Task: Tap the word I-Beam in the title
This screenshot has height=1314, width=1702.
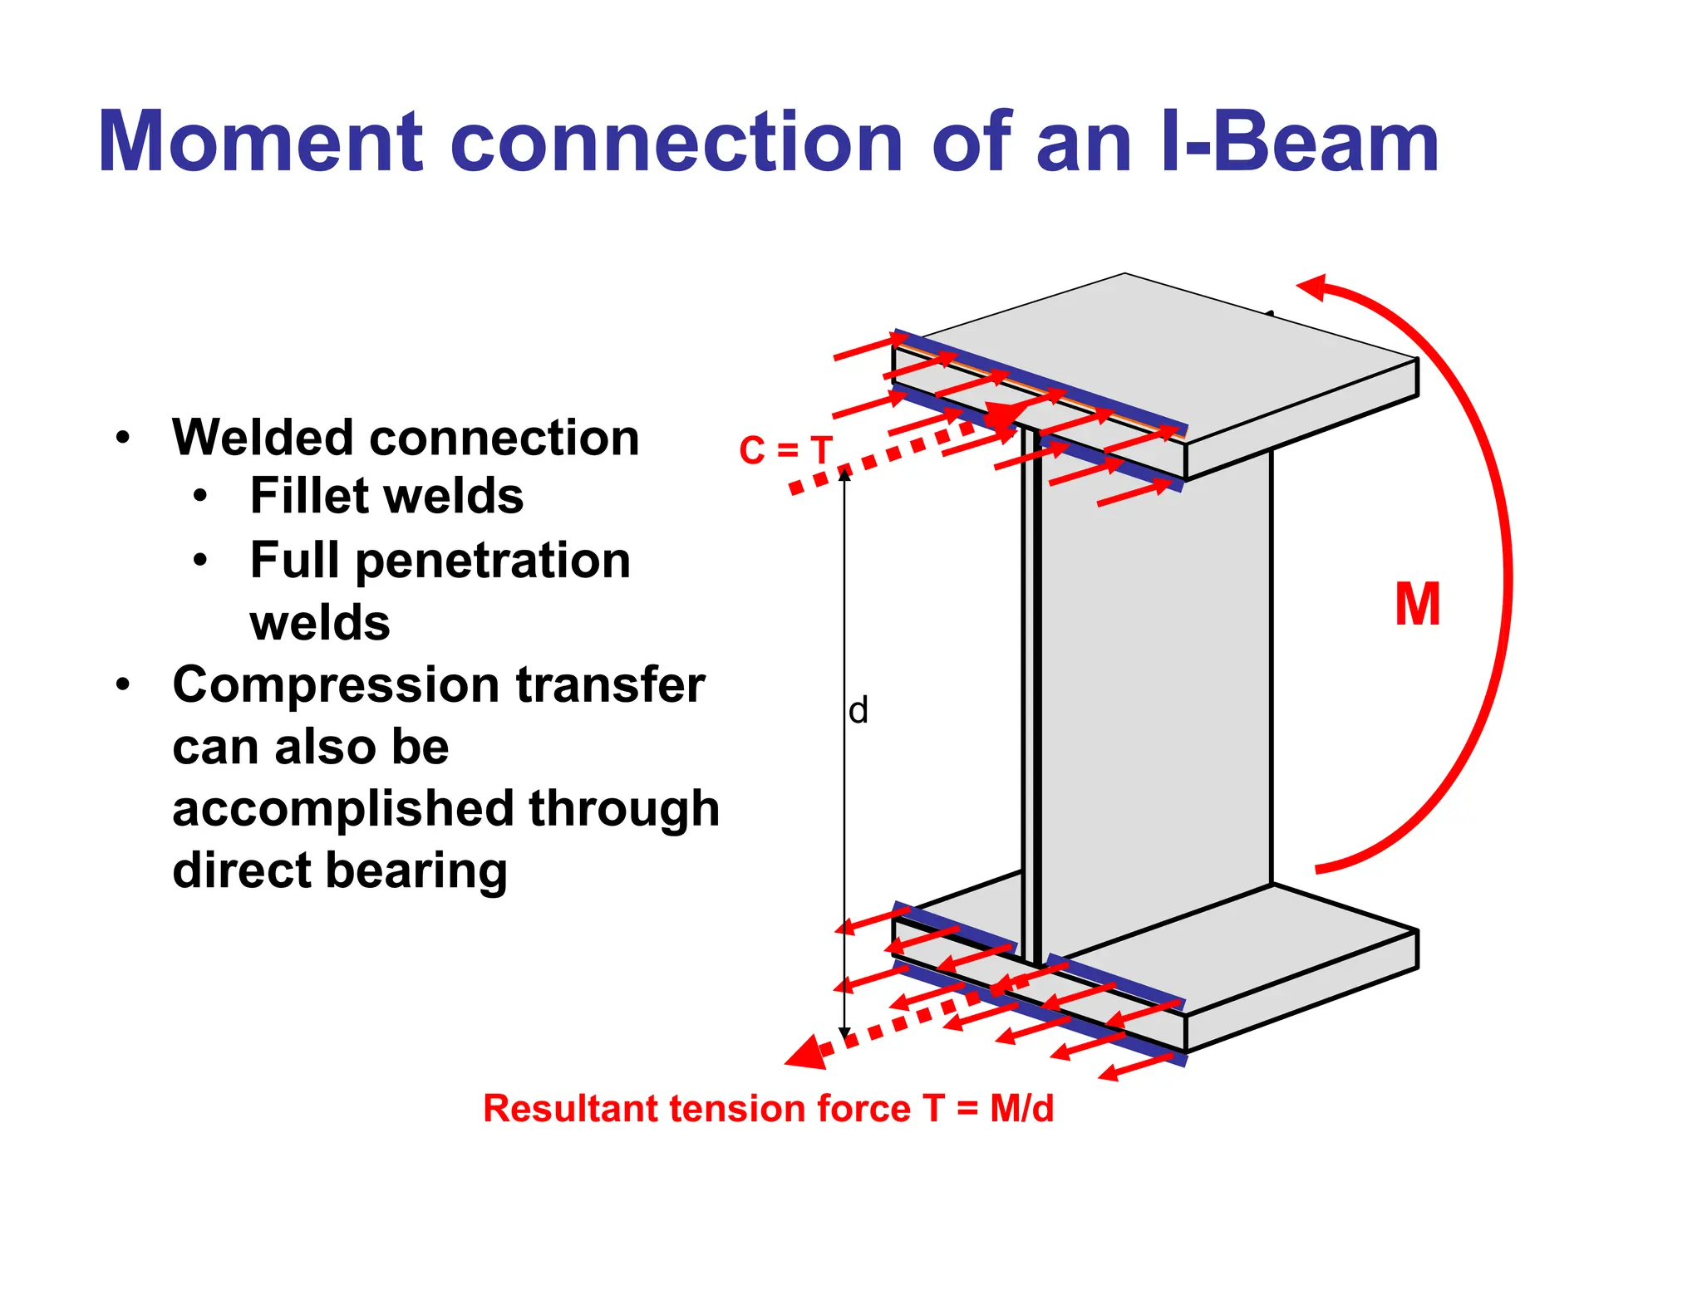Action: tap(1298, 143)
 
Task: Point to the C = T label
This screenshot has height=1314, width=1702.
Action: tap(785, 451)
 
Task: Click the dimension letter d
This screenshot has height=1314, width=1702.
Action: tap(858, 711)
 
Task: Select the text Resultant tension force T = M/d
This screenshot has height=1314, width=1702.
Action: tap(768, 1109)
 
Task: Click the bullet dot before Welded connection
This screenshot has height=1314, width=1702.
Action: tap(124, 438)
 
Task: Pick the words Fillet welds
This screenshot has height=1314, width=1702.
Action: tap(386, 496)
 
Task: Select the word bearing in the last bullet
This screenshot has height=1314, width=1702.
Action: tap(416, 870)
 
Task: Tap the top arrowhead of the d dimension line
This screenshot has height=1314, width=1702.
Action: tap(844, 474)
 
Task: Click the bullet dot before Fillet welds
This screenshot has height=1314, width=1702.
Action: tap(200, 497)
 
